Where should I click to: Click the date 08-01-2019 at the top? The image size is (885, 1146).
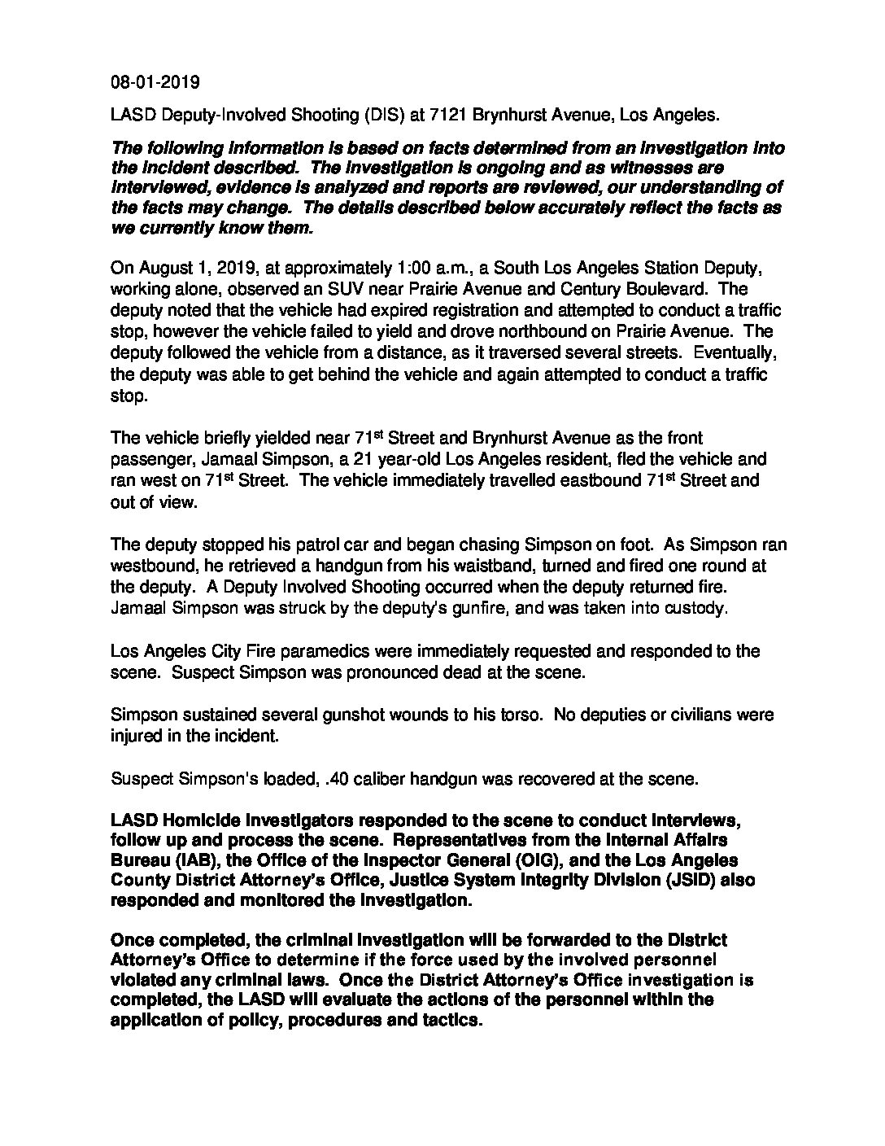point(155,82)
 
